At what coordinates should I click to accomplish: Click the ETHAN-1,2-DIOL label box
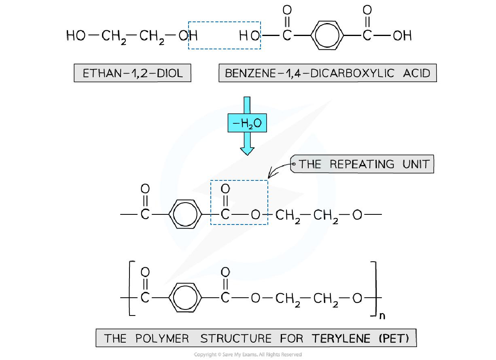(132, 73)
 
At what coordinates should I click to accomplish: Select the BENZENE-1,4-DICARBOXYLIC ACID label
(327, 73)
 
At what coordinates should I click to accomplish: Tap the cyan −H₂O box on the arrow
(247, 123)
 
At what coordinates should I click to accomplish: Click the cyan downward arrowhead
(247, 150)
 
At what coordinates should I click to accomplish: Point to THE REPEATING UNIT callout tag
(362, 164)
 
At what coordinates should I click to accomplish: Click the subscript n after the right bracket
(382, 316)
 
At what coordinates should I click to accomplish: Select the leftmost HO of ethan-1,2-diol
(76, 36)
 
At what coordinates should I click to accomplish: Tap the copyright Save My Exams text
(248, 355)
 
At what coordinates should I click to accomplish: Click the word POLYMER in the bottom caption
(162, 338)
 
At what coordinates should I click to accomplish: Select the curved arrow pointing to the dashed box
(279, 170)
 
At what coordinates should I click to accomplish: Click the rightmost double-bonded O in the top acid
(367, 9)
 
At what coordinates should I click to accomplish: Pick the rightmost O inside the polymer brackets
(357, 299)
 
